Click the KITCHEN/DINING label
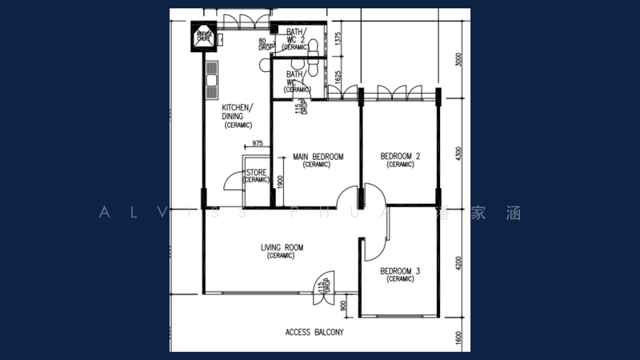click(238, 116)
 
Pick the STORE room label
click(256, 176)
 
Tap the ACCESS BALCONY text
click(314, 332)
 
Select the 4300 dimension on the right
click(458, 152)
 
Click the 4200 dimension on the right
click(458, 265)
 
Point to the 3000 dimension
click(458, 60)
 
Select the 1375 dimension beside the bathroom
click(338, 41)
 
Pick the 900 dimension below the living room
click(343, 304)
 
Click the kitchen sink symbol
click(211, 74)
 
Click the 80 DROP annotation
click(266, 44)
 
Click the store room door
click(231, 180)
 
